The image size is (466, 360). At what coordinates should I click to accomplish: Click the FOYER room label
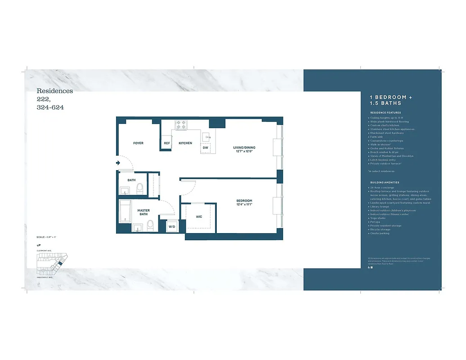(138, 143)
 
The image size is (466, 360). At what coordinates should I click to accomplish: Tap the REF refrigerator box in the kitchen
(167, 144)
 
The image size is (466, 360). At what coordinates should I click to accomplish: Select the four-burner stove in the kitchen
(181, 125)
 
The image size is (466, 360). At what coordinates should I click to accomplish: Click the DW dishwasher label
(206, 148)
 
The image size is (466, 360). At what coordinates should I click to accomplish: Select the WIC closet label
(199, 217)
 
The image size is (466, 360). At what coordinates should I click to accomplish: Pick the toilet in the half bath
(139, 188)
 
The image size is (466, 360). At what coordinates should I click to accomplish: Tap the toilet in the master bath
(151, 225)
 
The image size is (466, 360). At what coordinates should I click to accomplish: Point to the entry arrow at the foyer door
(118, 163)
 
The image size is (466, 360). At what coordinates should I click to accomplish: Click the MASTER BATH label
(143, 212)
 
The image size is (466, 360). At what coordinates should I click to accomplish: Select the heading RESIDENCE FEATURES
(385, 112)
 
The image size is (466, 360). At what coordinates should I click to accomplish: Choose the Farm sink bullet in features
(377, 137)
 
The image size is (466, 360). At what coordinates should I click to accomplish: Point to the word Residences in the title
(54, 91)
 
